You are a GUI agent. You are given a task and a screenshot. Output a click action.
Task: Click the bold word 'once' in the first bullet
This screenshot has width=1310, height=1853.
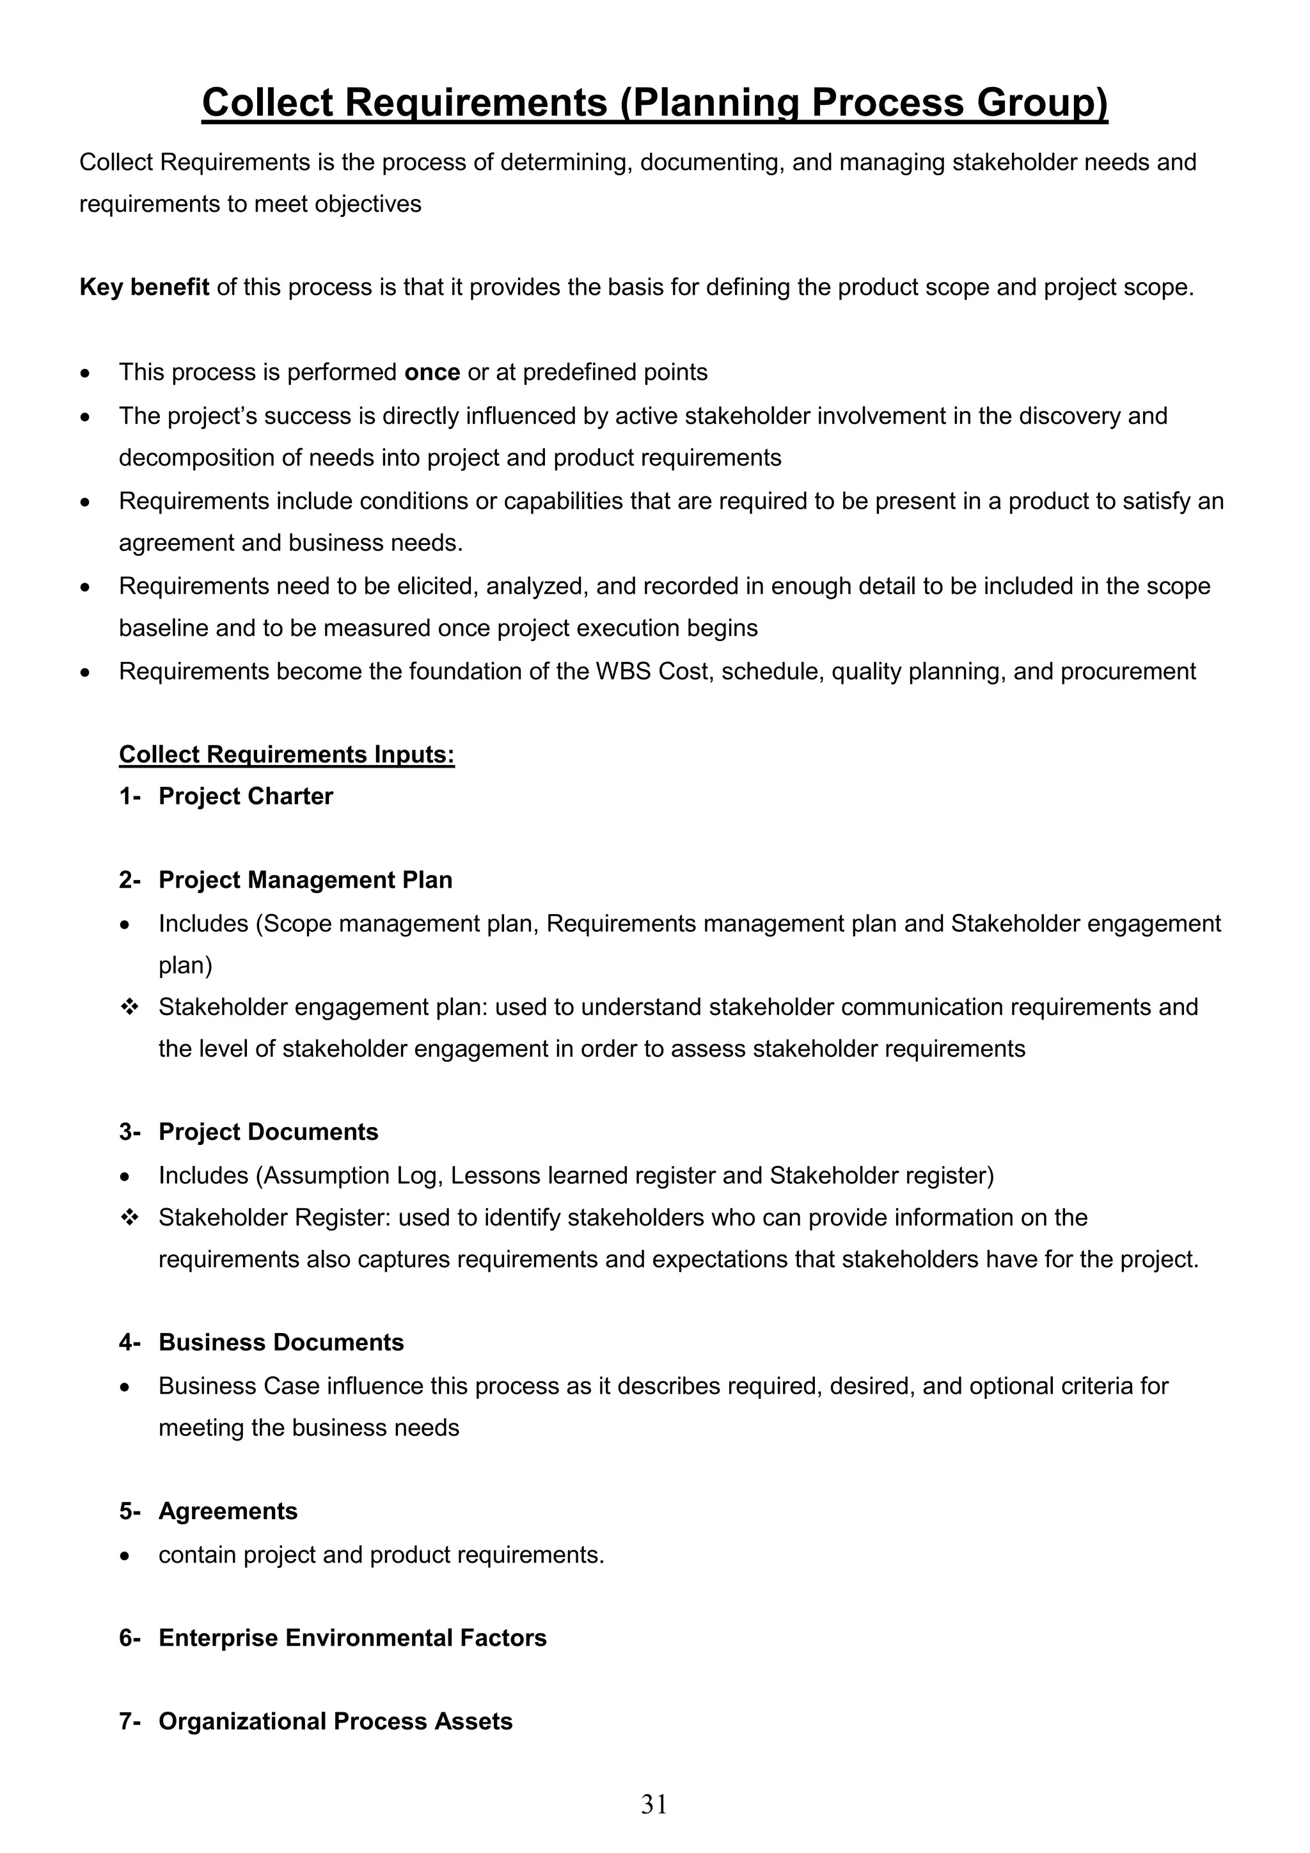pyautogui.click(x=432, y=372)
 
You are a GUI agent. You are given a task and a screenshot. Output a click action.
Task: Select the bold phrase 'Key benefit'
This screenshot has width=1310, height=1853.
pyautogui.click(x=145, y=287)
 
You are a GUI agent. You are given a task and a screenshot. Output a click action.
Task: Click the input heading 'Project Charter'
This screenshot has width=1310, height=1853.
pyautogui.click(x=246, y=796)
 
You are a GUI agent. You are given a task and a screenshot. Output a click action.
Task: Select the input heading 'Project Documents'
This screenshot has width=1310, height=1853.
pyautogui.click(x=268, y=1132)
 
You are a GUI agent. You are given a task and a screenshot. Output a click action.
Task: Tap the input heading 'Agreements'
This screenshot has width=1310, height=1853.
pyautogui.click(x=228, y=1511)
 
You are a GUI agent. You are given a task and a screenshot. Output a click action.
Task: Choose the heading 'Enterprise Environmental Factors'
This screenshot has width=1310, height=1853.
pyautogui.click(x=352, y=1637)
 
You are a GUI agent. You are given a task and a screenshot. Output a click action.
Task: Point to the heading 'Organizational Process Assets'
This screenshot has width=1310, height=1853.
pyautogui.click(x=335, y=1721)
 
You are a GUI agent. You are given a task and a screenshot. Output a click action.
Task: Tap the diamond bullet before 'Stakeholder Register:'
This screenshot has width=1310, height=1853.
pyautogui.click(x=129, y=1217)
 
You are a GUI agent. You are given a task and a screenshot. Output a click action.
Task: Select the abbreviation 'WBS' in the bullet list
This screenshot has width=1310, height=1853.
pyautogui.click(x=623, y=672)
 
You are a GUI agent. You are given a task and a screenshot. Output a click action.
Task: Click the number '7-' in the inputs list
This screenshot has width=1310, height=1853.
pyautogui.click(x=130, y=1721)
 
